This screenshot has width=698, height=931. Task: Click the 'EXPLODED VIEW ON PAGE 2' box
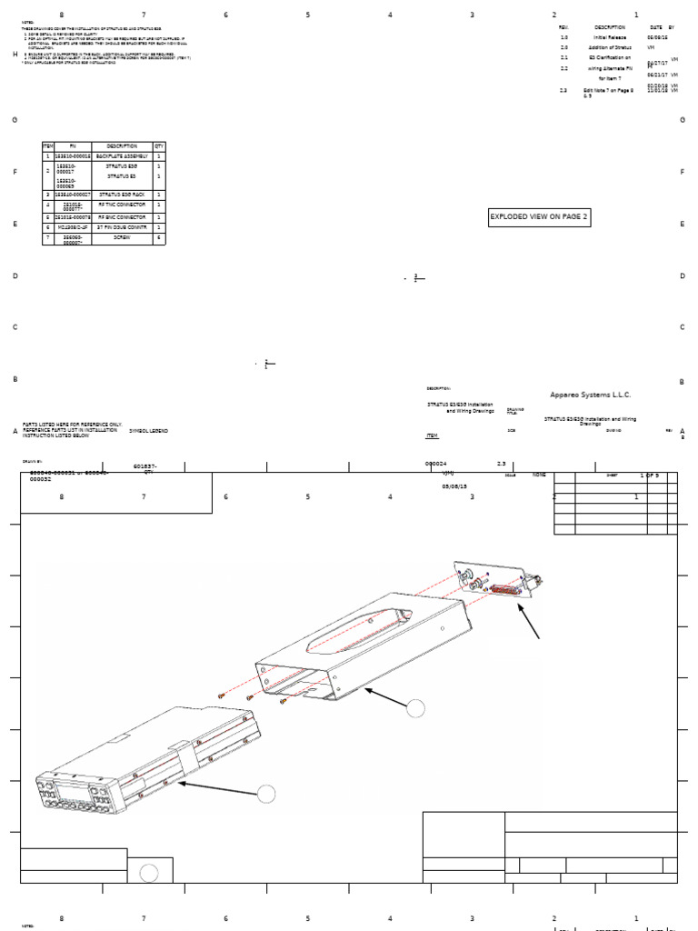(x=540, y=216)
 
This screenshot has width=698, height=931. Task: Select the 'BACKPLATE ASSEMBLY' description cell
(x=122, y=157)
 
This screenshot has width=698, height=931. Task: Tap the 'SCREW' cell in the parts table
(x=122, y=236)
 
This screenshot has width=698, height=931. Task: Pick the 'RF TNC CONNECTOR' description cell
(x=122, y=205)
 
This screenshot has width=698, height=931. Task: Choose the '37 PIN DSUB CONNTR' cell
(x=122, y=226)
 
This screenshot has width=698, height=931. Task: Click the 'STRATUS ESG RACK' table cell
(x=122, y=195)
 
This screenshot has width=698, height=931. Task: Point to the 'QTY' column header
(x=159, y=146)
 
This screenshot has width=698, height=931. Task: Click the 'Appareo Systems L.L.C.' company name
(x=590, y=395)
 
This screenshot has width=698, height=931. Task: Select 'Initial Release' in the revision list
(x=610, y=37)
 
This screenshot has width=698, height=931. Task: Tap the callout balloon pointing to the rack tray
(x=415, y=707)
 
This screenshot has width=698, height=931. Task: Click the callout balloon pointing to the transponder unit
(x=265, y=793)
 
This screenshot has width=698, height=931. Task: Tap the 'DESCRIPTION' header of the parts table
(x=122, y=146)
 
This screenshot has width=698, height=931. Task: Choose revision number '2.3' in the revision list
(x=563, y=90)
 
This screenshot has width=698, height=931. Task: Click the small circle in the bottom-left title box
(x=150, y=873)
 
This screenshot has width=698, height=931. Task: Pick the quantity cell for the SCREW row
(x=159, y=236)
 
